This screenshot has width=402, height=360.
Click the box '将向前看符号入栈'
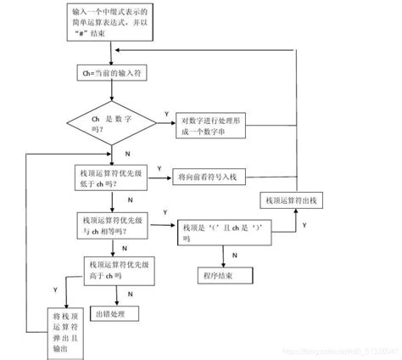pyautogui.click(x=208, y=177)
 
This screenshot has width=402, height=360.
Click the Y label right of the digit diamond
pyautogui.click(x=165, y=114)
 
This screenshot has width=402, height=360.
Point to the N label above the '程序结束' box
pyautogui.click(x=234, y=254)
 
